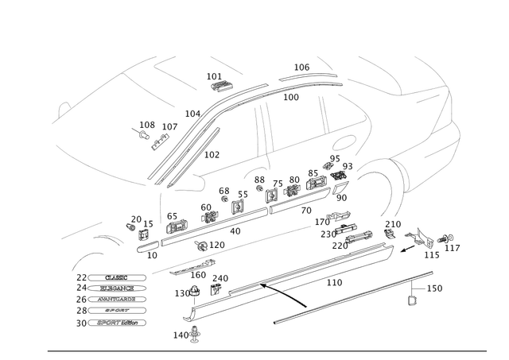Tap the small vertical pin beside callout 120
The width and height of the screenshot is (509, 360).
tap(411, 292)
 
